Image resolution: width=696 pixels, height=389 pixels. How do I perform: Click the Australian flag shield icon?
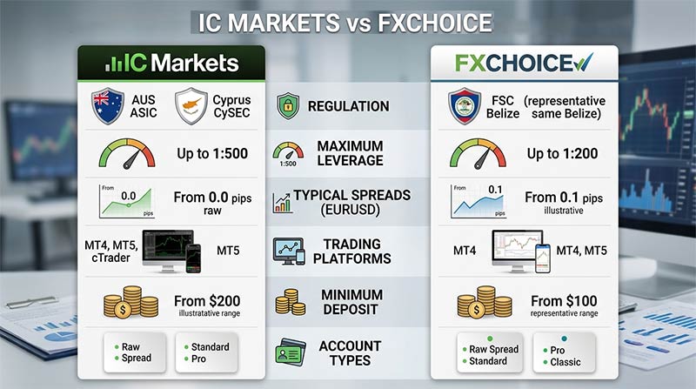(x=107, y=106)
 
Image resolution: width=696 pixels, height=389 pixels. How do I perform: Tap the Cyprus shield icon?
(x=191, y=106)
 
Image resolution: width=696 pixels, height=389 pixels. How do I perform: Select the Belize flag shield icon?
(x=465, y=106)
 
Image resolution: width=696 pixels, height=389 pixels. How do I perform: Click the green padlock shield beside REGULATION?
(x=288, y=105)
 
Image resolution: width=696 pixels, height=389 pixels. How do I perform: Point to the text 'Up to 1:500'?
(x=212, y=154)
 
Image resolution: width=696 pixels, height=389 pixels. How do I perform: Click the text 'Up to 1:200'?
(x=562, y=154)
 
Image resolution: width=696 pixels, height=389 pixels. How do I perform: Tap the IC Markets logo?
(x=171, y=63)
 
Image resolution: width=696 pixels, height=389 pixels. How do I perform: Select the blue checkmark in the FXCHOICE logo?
(x=583, y=62)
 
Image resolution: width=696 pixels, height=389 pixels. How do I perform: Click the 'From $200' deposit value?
(x=207, y=300)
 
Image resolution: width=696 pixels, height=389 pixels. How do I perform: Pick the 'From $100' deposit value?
(x=564, y=300)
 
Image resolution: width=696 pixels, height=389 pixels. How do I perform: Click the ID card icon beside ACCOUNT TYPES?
(x=291, y=352)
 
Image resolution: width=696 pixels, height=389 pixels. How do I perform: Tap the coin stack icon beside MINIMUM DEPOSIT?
(x=291, y=302)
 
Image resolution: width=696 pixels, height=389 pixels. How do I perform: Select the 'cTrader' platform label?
(x=111, y=258)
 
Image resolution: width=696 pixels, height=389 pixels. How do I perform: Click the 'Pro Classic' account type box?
(x=564, y=352)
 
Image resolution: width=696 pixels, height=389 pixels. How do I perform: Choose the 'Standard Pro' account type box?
(x=207, y=352)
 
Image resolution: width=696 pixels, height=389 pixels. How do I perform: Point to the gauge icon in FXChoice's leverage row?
(x=478, y=154)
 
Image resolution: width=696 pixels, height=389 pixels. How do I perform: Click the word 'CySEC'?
(x=231, y=113)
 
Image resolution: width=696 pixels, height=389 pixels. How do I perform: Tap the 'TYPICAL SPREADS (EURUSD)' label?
(x=352, y=202)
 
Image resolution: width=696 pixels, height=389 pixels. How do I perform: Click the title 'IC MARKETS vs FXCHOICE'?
(x=345, y=23)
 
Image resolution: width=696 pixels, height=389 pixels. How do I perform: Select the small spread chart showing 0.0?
(x=126, y=201)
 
